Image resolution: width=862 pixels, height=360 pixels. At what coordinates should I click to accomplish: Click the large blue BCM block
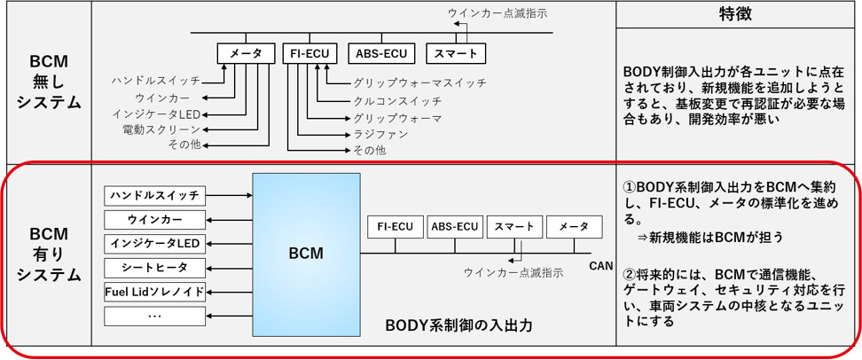point(306,254)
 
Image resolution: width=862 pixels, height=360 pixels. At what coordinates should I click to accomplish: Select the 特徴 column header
point(738,15)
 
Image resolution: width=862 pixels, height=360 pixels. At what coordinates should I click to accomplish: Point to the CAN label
point(601,263)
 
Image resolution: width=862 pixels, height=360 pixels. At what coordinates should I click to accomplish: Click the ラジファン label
point(380,134)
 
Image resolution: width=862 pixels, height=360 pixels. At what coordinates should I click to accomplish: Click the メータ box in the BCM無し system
point(246,54)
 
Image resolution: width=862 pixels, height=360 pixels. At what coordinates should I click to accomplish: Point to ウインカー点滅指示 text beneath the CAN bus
point(512,272)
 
